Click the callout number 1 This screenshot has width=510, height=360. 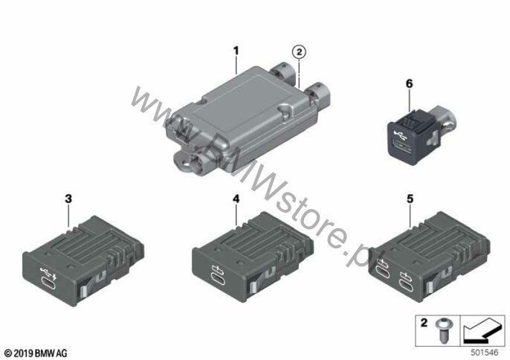[236, 51]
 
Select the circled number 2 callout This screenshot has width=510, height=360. [299, 52]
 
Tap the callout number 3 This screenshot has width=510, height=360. [68, 199]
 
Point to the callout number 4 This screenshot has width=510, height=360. [236, 199]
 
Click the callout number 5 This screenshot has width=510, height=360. [410, 199]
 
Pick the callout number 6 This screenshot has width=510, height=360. [409, 83]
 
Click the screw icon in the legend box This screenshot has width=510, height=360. [442, 330]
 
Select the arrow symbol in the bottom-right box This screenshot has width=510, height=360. [482, 330]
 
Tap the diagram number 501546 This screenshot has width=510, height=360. [484, 353]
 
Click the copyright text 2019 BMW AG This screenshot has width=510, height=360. [36, 353]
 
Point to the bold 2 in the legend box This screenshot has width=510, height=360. [424, 323]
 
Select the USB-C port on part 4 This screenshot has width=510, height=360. [218, 280]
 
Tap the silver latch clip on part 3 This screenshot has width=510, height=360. [83, 289]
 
